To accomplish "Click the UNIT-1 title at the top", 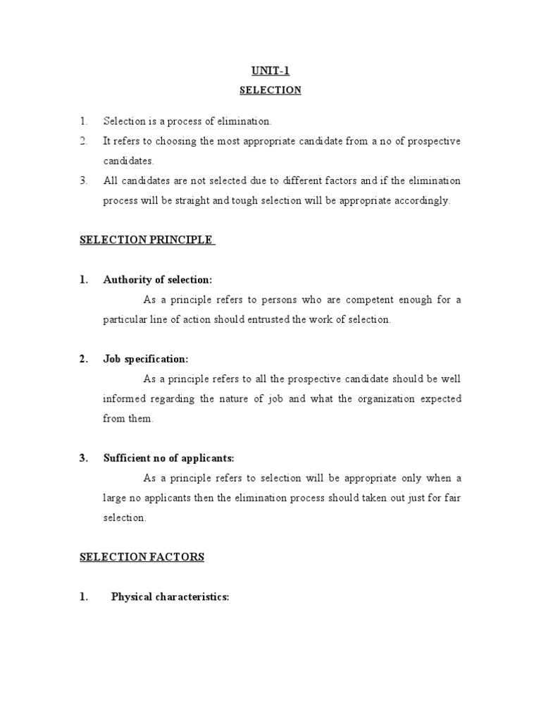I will (x=270, y=71).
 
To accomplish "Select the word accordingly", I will (x=423, y=200).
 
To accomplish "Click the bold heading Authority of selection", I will (x=158, y=280).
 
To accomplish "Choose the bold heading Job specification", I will (x=146, y=359).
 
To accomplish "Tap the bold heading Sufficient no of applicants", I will (x=168, y=458).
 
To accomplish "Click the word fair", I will (x=452, y=497).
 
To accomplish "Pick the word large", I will (x=116, y=497).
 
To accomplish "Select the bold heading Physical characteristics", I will (x=170, y=596).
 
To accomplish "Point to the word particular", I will (x=126, y=319).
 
